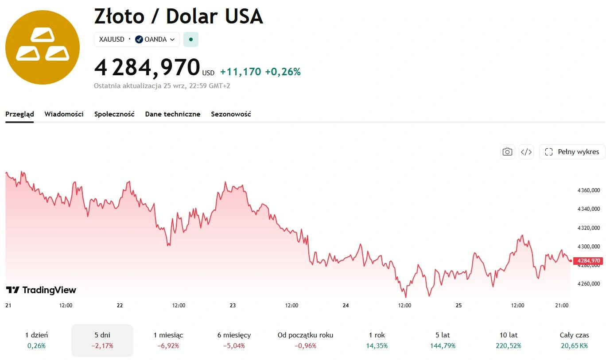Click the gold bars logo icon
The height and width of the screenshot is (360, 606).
tap(43, 47)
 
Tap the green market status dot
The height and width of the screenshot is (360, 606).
tap(191, 39)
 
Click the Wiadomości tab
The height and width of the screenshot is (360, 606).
tap(64, 114)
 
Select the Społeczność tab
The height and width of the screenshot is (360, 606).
tap(114, 114)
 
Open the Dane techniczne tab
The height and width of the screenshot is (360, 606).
tap(173, 114)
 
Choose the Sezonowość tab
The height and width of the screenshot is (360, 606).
tap(231, 114)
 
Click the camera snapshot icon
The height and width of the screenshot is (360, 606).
tap(507, 152)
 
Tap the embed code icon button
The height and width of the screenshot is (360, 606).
tap(526, 152)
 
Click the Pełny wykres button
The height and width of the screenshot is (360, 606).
tap(572, 152)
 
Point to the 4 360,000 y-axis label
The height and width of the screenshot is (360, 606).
tap(588, 190)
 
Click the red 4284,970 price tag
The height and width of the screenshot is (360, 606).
tap(588, 261)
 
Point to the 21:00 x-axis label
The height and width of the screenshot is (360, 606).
tap(562, 306)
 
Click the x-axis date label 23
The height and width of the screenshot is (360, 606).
tap(233, 306)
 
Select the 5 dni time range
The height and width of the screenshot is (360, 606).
tap(102, 340)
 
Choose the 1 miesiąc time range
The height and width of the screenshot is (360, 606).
tap(168, 340)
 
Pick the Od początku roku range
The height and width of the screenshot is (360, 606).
tap(305, 340)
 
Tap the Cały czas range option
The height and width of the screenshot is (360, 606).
tap(574, 340)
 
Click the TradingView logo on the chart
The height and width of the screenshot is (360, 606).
tap(41, 290)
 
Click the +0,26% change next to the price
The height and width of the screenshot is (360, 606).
tap(283, 72)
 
